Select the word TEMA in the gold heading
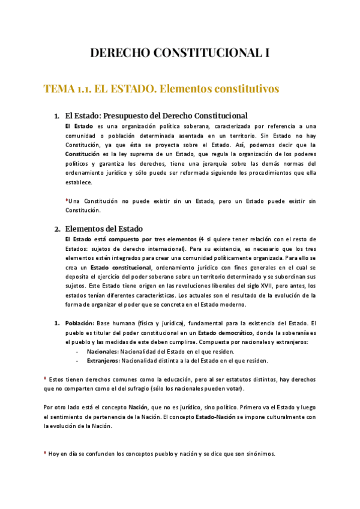click(x=59, y=89)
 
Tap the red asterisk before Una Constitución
click(x=67, y=199)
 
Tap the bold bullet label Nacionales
click(x=102, y=351)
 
